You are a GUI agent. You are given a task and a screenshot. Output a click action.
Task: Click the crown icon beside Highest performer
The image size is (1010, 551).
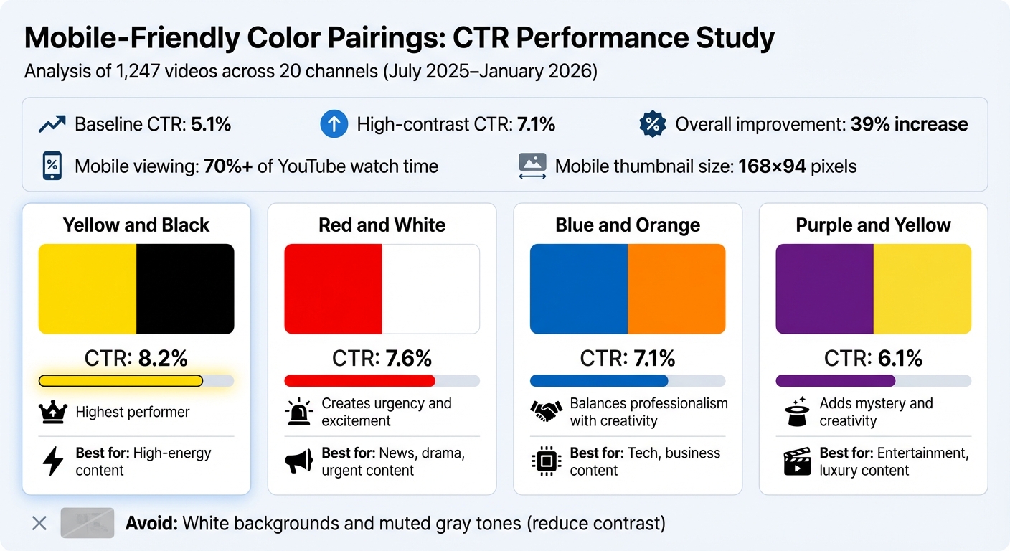point(53,412)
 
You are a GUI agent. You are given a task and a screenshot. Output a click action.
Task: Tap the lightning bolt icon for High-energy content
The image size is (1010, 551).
point(53,461)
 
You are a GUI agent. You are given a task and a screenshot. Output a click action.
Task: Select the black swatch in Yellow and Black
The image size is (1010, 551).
point(185,289)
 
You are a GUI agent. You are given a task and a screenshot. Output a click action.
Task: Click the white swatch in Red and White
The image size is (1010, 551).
point(430,289)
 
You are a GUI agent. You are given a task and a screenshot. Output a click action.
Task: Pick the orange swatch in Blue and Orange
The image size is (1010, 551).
point(676,289)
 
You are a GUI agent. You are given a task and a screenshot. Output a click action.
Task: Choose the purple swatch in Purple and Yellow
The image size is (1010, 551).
point(824,289)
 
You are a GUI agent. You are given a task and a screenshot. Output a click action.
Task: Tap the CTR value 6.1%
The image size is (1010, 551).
point(899,357)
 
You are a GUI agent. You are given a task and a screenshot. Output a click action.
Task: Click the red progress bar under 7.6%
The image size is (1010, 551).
point(359,381)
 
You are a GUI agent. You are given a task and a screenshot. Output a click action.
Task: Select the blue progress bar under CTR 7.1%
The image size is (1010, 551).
point(599,381)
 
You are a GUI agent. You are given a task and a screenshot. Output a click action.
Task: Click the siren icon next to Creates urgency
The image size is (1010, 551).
point(299,412)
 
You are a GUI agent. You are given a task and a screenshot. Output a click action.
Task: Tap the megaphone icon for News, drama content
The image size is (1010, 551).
point(299,461)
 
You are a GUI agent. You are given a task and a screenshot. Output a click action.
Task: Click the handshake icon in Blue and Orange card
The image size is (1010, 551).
point(546,412)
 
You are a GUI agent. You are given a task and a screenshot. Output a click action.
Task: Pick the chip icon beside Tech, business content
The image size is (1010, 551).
point(546,461)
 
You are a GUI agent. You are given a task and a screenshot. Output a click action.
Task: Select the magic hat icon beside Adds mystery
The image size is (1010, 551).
point(797,412)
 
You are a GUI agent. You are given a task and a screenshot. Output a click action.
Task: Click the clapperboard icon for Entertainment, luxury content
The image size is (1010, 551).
point(797,461)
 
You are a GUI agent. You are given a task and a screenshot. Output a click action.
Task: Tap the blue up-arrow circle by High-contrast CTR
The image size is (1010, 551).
point(334,125)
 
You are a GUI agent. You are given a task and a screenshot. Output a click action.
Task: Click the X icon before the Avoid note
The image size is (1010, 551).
point(39,523)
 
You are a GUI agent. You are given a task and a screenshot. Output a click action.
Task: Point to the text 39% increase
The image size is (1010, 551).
point(909,125)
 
